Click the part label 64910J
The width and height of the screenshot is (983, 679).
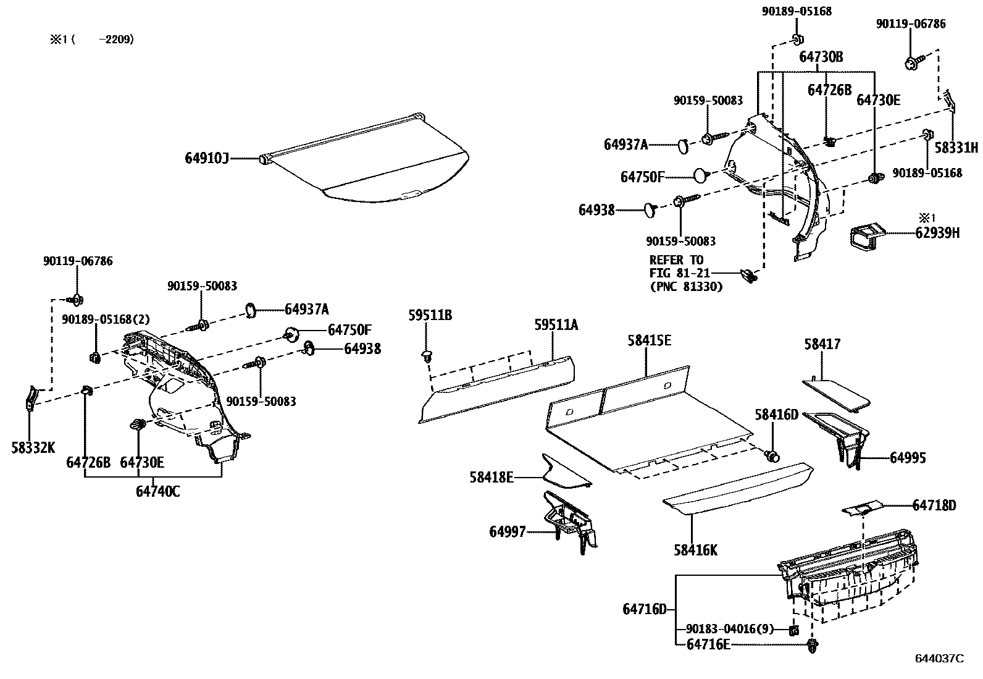point(206,159)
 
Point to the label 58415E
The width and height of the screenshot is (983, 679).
point(649,341)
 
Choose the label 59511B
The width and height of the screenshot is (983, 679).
point(430,315)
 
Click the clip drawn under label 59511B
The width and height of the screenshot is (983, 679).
point(427,356)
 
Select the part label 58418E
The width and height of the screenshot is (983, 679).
point(491,477)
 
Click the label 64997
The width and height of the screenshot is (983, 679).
point(508,531)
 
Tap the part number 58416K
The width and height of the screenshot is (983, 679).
point(695,550)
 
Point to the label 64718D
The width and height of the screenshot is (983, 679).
point(934,505)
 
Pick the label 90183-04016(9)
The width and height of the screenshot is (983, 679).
point(729,630)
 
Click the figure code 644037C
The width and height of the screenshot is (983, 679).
point(939,659)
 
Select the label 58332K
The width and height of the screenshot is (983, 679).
point(33,447)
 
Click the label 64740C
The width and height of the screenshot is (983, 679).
point(157,492)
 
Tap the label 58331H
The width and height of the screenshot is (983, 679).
point(956,148)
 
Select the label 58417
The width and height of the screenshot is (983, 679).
point(822,345)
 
